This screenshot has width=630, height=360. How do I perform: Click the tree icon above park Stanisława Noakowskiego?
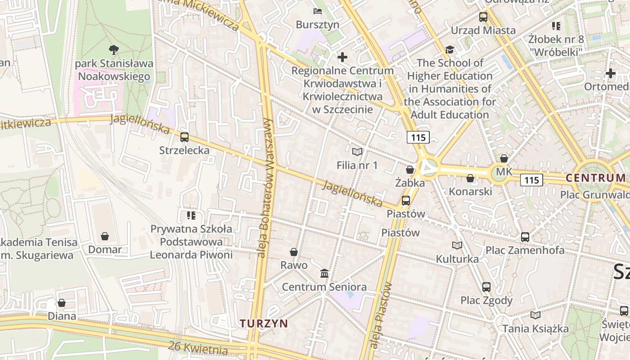pyautogui.click(x=114, y=49)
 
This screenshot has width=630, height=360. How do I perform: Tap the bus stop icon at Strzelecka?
pyautogui.click(x=184, y=137)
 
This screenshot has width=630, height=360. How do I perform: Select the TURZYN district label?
pyautogui.click(x=264, y=323)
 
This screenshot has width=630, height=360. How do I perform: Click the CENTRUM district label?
pyautogui.click(x=596, y=178)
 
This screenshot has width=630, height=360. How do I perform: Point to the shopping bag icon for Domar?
pyautogui.click(x=105, y=236)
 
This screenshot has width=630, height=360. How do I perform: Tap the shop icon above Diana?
pyautogui.click(x=62, y=303)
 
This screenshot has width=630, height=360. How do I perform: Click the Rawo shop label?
pyautogui.click(x=294, y=265)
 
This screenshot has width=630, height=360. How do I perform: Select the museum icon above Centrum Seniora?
pyautogui.click(x=324, y=274)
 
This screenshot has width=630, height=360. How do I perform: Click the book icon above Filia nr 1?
pyautogui.click(x=357, y=152)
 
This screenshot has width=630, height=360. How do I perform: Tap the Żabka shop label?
pyautogui.click(x=409, y=183)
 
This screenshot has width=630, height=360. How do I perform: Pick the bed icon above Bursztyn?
pyautogui.click(x=318, y=11)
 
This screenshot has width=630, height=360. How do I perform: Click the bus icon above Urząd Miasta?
pyautogui.click(x=483, y=17)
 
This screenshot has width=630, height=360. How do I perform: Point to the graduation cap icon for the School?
pyautogui.click(x=450, y=49)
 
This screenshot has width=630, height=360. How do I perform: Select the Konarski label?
pyautogui.click(x=470, y=191)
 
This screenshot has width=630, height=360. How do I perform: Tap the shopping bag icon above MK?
pyautogui.click(x=504, y=158)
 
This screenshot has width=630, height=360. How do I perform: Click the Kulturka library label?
pyautogui.click(x=457, y=259)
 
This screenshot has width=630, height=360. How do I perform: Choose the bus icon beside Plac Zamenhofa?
pyautogui.click(x=525, y=237)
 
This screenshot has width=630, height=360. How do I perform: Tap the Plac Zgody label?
pyautogui.click(x=486, y=300)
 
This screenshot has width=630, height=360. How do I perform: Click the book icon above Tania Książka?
pyautogui.click(x=535, y=315)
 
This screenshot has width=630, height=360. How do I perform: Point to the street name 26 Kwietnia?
pyautogui.click(x=198, y=348)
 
